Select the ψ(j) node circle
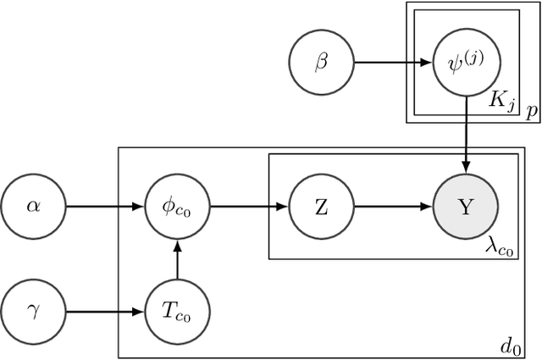[x=466, y=62]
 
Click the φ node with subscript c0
[x=177, y=207]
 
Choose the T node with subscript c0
[x=177, y=311]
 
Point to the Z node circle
[x=322, y=207]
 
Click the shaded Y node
[x=466, y=207]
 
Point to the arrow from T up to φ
[x=177, y=258]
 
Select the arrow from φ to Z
[x=249, y=207]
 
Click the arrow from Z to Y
[x=394, y=207]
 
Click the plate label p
[x=531, y=111]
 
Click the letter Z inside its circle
[x=322, y=207]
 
